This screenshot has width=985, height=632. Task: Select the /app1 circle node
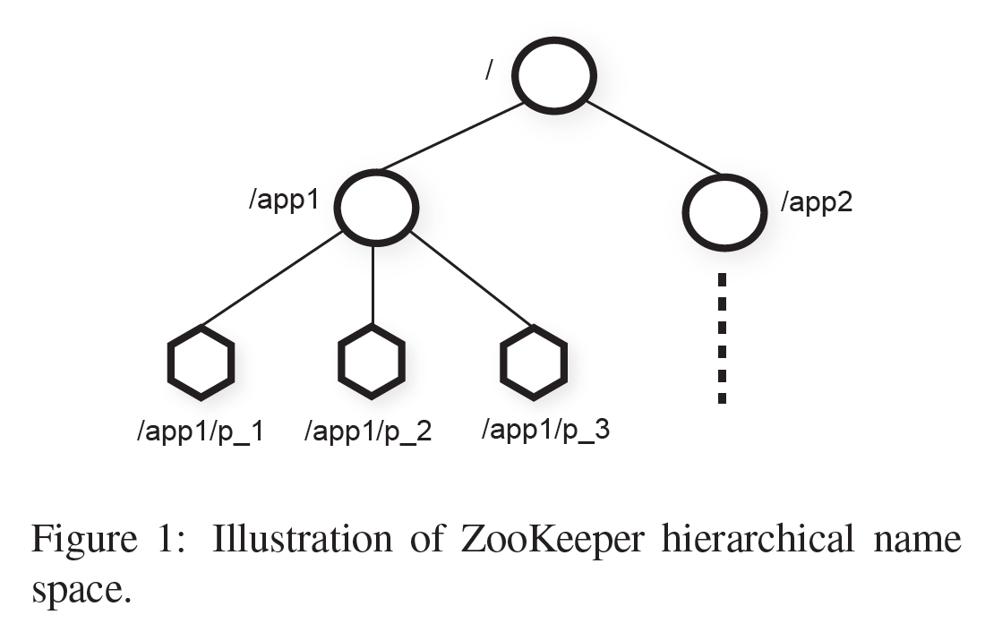pyautogui.click(x=377, y=207)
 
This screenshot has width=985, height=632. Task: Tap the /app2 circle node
pyautogui.click(x=724, y=212)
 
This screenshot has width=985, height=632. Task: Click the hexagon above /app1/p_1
pyautogui.click(x=201, y=363)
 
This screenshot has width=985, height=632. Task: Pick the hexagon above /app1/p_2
pyautogui.click(x=372, y=361)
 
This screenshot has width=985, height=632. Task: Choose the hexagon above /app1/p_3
pyautogui.click(x=533, y=361)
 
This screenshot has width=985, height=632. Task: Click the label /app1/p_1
pyautogui.click(x=199, y=431)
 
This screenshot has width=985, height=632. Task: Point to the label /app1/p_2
pyautogui.click(x=368, y=431)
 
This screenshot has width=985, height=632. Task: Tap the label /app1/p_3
pyautogui.click(x=545, y=429)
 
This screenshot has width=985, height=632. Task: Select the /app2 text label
pyautogui.click(x=817, y=202)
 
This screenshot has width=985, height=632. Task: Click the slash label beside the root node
pyautogui.click(x=488, y=70)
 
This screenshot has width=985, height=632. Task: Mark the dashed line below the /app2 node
pyautogui.click(x=723, y=338)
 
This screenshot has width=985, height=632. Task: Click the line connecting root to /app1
pyautogui.click(x=451, y=136)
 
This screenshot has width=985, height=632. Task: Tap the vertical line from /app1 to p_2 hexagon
pyautogui.click(x=373, y=285)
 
